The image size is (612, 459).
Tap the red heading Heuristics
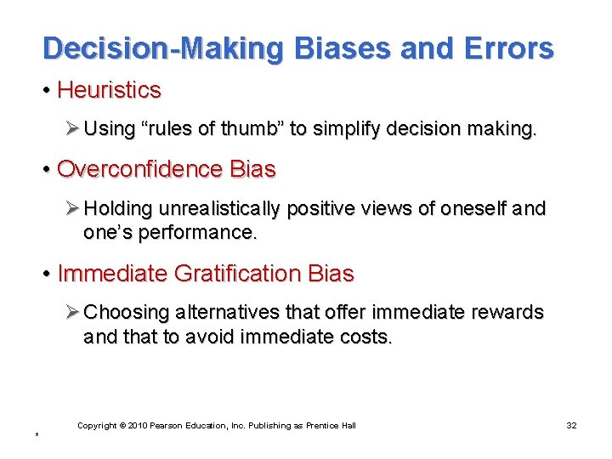click(x=109, y=89)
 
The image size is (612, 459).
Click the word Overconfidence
click(x=139, y=169)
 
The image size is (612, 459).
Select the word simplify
click(x=346, y=128)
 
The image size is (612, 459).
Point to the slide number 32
click(x=570, y=425)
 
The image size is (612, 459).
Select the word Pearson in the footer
click(x=168, y=425)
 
